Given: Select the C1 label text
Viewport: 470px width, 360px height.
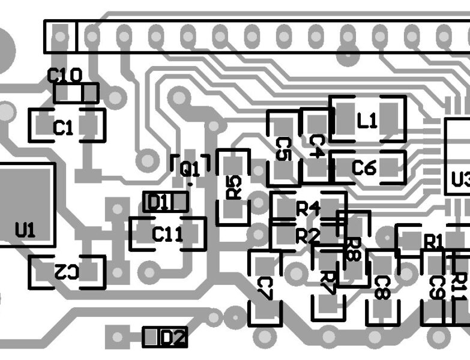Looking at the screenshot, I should (64, 127).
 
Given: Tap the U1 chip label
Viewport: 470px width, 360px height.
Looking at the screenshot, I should (25, 230).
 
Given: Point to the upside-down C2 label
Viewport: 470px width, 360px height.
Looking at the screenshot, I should (65, 272).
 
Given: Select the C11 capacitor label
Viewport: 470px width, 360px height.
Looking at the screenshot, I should (167, 235).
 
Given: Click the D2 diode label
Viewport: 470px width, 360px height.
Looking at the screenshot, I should (172, 338).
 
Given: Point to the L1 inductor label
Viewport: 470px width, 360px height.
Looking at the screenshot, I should (367, 122).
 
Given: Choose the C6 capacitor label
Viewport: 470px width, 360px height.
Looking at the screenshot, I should (364, 168).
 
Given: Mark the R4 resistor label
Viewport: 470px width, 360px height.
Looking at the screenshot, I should (308, 209).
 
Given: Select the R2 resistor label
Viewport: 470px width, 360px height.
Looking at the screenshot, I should (307, 236).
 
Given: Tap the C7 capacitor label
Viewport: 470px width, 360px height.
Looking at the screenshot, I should (265, 288).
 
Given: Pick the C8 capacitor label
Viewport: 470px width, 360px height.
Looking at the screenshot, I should (382, 287).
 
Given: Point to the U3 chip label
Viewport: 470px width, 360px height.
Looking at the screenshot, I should (460, 179).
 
